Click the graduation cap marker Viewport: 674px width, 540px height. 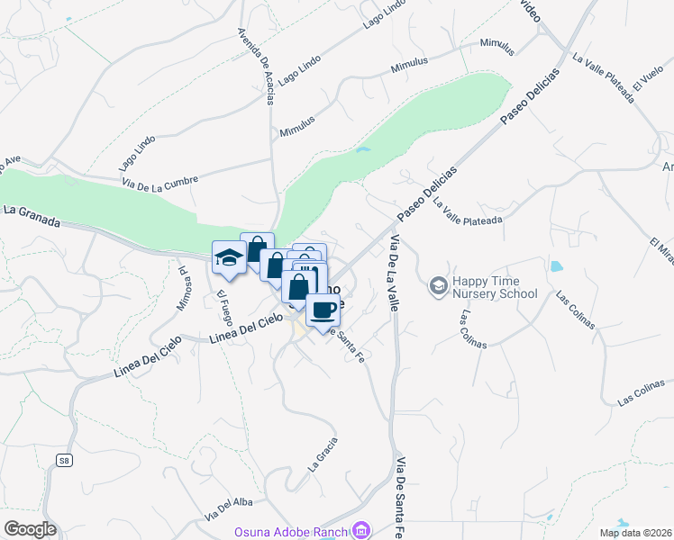(229, 258)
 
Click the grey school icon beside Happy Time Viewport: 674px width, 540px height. (439, 286)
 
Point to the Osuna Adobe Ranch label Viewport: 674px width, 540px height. (292, 530)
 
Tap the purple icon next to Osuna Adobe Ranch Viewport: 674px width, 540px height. (361, 529)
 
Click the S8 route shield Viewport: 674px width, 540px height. (63, 461)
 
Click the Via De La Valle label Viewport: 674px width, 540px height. (395, 273)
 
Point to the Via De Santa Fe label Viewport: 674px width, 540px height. (398, 499)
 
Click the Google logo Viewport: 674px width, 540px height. (30, 529)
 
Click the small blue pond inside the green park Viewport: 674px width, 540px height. (363, 149)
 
